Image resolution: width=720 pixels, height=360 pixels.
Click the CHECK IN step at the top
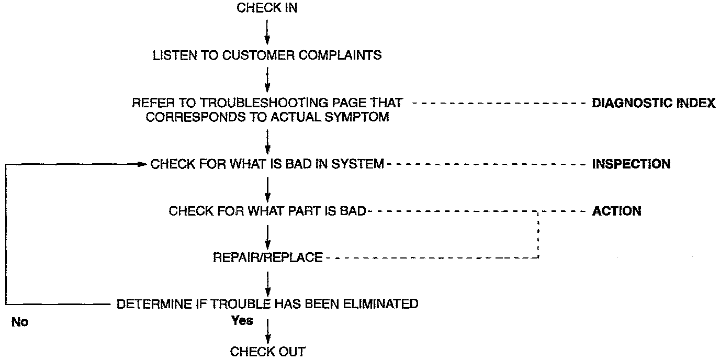click(267, 8)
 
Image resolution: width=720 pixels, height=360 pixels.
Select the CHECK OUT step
click(267, 352)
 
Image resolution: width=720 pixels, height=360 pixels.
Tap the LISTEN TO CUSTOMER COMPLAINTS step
click(267, 55)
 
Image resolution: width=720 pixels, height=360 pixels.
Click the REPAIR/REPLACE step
click(267, 257)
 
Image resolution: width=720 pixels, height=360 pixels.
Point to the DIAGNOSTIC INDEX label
click(653, 103)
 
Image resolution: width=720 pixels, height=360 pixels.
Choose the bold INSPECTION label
click(631, 164)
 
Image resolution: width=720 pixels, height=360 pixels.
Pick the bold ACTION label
click(616, 211)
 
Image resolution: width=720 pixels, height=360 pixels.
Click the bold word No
click(19, 322)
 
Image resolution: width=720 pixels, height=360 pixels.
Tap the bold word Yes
click(242, 321)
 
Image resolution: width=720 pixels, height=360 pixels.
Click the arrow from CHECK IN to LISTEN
click(267, 31)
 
